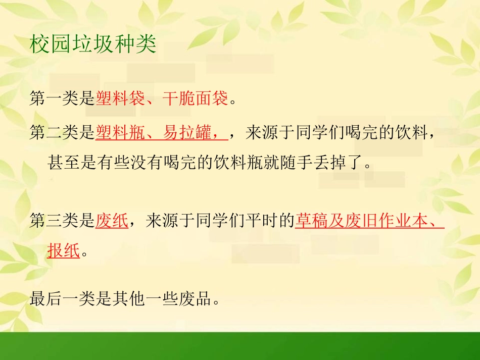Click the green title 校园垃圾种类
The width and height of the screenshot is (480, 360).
(93, 45)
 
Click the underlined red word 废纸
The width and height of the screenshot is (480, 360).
(112, 221)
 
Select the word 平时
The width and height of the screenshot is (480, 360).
(260, 221)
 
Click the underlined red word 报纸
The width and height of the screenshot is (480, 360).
(64, 250)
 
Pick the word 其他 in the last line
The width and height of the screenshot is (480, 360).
(129, 299)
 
